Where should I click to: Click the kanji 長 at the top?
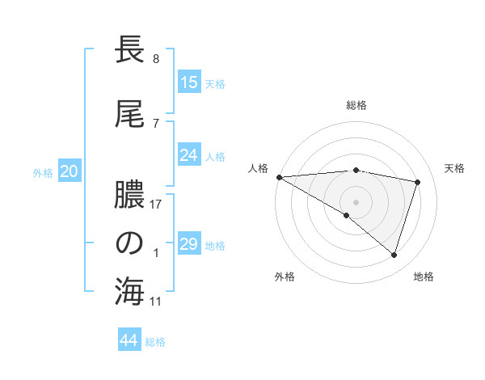tap(130, 51)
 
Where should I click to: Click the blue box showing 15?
tap(189, 82)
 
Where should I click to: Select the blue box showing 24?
tap(189, 155)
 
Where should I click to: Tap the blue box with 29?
tap(189, 244)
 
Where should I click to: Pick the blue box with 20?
tap(70, 171)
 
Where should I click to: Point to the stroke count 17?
tap(156, 205)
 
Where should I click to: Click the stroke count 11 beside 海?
tap(156, 302)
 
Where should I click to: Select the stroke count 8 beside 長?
tap(155, 59)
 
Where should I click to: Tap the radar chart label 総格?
tap(356, 105)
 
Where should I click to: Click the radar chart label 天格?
tap(454, 168)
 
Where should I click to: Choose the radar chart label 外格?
tap(285, 277)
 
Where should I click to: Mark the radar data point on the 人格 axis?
tap(279, 176)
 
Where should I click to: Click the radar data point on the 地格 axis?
tap(394, 255)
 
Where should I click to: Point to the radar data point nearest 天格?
tap(417, 182)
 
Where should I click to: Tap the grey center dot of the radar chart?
tap(356, 201)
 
